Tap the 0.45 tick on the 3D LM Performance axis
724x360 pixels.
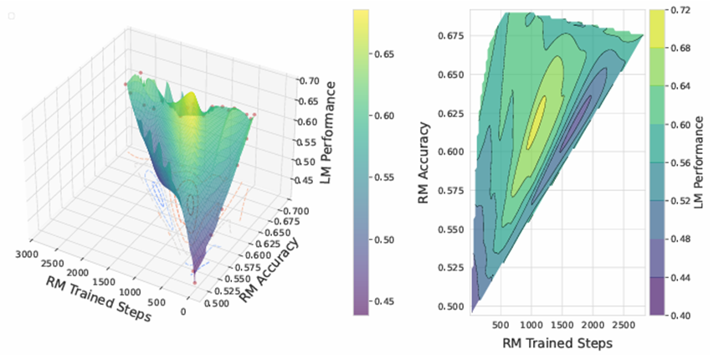pos(306,180)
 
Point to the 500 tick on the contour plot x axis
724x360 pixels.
pos(501,324)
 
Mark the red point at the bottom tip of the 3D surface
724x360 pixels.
pos(194,283)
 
